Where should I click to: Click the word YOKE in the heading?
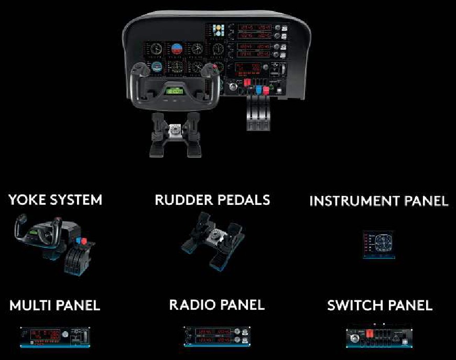27,200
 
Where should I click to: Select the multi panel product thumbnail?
55,336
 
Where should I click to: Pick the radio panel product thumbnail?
216,336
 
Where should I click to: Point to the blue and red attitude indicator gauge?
176,50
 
